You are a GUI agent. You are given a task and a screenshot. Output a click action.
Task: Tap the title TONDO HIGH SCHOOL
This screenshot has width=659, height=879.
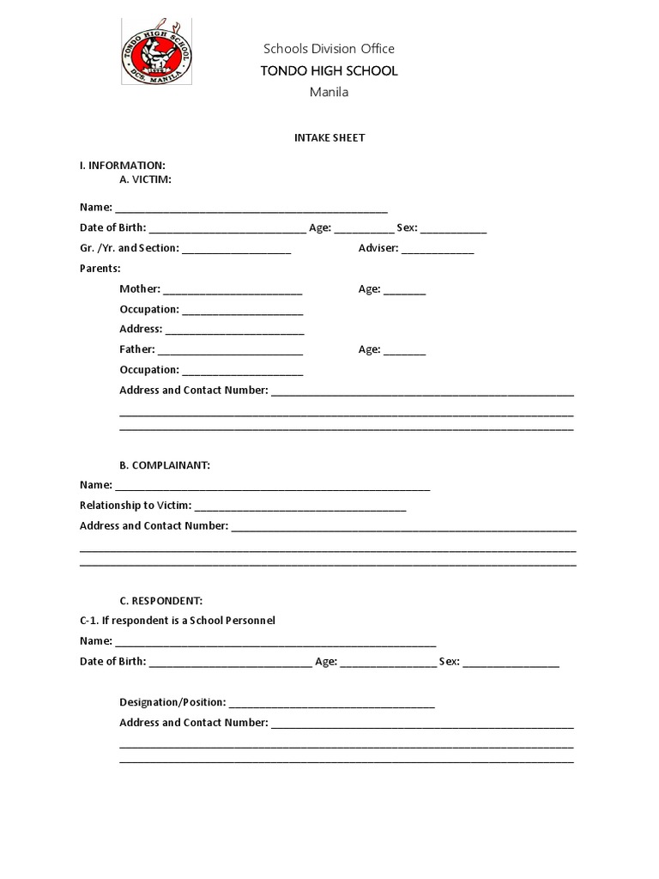tap(329, 70)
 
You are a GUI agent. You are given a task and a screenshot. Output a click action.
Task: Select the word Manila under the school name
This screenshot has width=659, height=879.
tap(329, 92)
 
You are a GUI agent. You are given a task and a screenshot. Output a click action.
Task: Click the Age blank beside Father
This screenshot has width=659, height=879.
tap(404, 352)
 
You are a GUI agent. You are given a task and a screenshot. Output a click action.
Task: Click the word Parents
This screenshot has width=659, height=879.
tap(100, 269)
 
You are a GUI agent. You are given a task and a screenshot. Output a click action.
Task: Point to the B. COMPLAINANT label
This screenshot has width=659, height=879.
tap(165, 465)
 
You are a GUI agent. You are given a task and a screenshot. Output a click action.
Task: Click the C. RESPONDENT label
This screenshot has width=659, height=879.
tap(161, 601)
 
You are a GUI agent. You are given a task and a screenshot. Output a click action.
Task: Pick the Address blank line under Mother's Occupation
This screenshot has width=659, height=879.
tap(234, 331)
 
